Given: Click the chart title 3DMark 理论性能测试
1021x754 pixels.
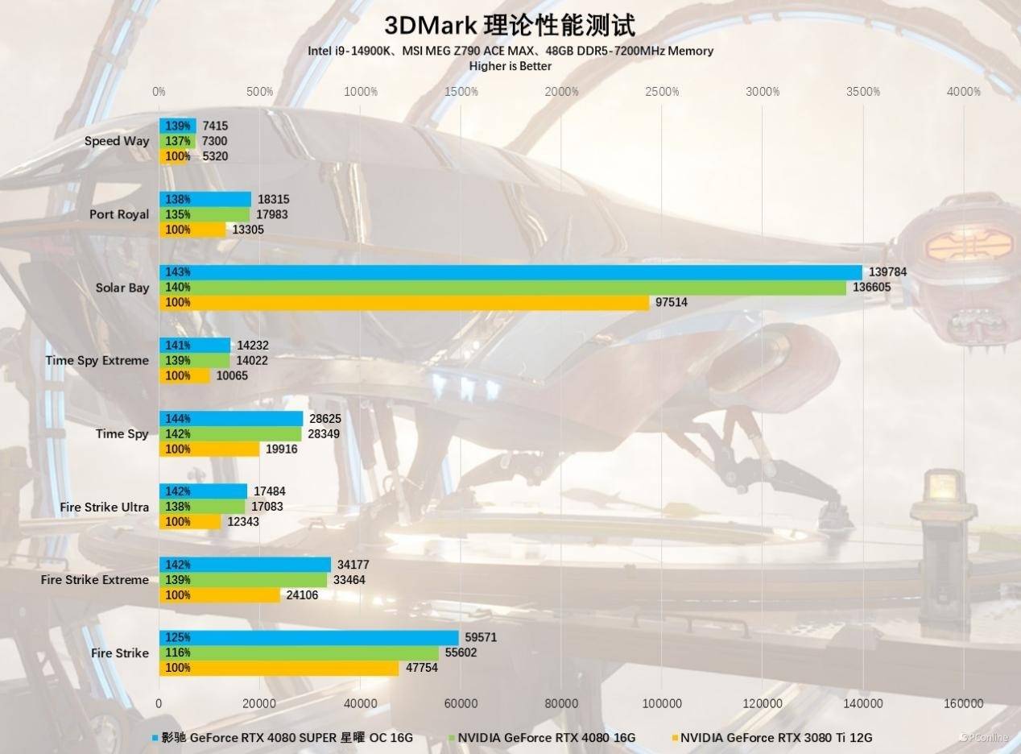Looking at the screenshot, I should click(x=510, y=25).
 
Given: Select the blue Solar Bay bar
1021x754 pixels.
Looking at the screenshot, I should click(x=510, y=272).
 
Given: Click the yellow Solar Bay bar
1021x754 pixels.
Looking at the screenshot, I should click(x=404, y=303).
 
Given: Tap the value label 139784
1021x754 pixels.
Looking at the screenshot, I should click(x=887, y=272).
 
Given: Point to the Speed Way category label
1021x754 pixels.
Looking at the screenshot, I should click(x=117, y=141).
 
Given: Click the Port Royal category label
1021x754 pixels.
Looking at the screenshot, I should click(x=119, y=214).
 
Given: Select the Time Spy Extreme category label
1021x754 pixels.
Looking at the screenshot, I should click(x=97, y=360).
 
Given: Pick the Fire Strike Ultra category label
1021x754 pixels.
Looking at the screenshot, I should click(x=104, y=507).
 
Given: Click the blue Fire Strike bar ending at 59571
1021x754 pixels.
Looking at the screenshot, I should click(x=308, y=638).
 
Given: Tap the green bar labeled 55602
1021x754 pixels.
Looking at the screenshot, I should click(x=299, y=652).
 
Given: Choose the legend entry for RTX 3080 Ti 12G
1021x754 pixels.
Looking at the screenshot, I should click(x=775, y=737).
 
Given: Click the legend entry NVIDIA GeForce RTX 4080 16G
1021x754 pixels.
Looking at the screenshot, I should click(x=547, y=737).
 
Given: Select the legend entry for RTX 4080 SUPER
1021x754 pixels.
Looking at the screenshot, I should click(x=287, y=737).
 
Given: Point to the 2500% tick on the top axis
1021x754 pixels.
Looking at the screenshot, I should click(x=662, y=92).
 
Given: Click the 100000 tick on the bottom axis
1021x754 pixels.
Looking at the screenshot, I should click(x=662, y=703).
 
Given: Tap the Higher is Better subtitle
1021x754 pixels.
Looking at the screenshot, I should click(x=510, y=66).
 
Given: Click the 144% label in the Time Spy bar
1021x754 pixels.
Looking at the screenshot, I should click(x=177, y=419).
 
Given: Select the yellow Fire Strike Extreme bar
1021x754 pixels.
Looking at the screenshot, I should click(x=220, y=595).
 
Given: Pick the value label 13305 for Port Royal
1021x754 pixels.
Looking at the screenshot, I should click(x=248, y=230).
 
